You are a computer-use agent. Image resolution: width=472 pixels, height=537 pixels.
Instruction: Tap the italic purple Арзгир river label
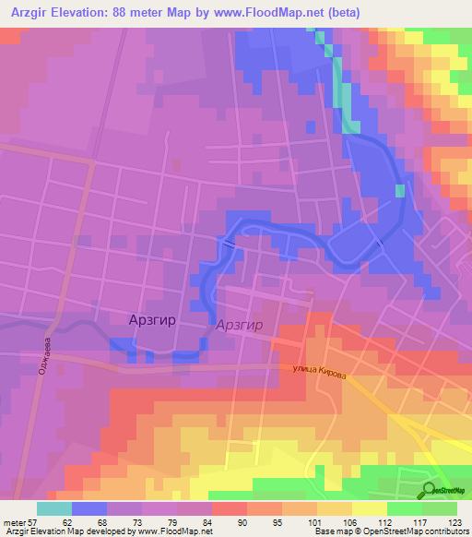[x=240, y=326]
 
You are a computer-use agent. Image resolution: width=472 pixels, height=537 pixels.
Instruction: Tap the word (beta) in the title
[x=341, y=13]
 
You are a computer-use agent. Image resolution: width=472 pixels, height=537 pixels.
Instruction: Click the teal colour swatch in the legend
[x=53, y=508]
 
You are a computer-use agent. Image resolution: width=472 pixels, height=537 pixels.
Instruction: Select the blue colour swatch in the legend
[x=88, y=508]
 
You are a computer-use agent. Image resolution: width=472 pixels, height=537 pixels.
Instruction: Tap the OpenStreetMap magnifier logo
[x=431, y=489]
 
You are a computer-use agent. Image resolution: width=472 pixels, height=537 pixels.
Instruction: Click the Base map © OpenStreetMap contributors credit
[x=391, y=531]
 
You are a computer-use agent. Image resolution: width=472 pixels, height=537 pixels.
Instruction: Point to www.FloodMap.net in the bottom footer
[x=173, y=531]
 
